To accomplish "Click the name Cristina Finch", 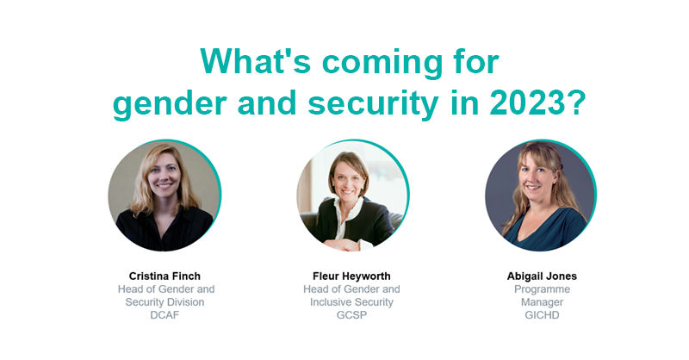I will click(165, 276).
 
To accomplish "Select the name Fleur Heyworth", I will click(351, 276).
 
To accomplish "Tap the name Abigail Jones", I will click(542, 276).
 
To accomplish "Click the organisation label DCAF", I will click(165, 315).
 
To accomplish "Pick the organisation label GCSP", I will click(351, 315).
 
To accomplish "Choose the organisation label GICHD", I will click(542, 315).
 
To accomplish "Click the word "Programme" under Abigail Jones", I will click(542, 289).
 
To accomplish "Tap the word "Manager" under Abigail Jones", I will click(542, 302).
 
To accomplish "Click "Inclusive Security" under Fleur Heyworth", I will click(351, 302).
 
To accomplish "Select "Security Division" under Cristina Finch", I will click(165, 302).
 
